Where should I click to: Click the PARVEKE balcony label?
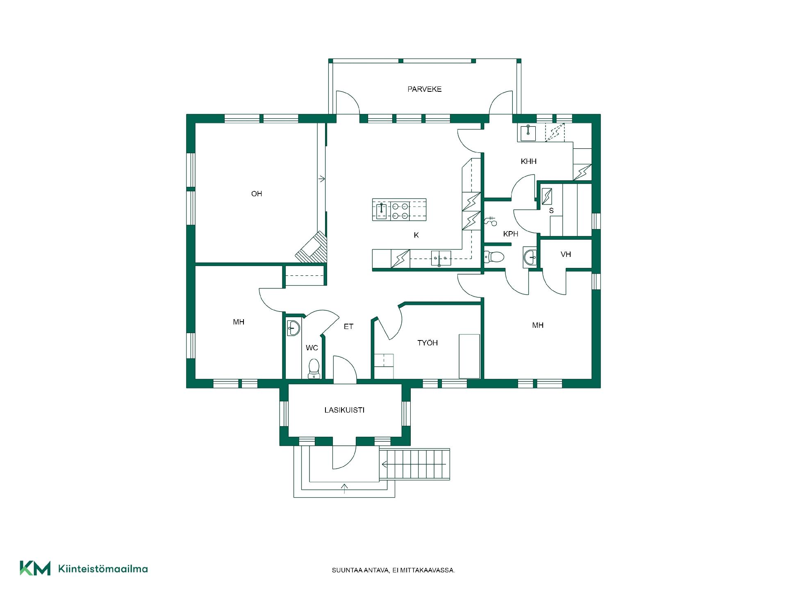(424, 89)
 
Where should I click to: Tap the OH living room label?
(257, 194)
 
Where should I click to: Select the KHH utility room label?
(528, 161)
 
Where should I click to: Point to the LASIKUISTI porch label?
(344, 410)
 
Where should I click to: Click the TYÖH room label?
(428, 343)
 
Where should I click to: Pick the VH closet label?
(566, 254)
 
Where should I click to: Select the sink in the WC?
(293, 327)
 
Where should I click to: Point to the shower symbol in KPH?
(491, 221)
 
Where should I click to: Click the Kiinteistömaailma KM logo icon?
(35, 568)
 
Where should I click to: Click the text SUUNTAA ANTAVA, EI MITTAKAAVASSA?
(393, 570)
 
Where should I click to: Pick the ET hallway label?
(348, 327)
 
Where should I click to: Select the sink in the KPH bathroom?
(530, 257)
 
